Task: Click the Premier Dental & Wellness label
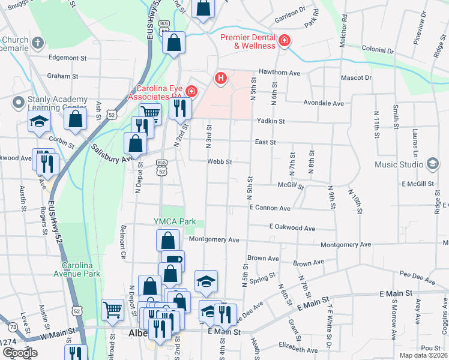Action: [247, 41]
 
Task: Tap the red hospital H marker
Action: [221, 78]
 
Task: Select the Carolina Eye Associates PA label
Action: [155, 91]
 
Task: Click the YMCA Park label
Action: [175, 221]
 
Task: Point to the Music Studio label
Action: [399, 164]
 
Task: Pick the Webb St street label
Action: [220, 161]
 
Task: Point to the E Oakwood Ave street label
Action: [292, 228]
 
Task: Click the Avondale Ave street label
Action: [324, 103]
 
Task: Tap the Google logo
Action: [20, 353]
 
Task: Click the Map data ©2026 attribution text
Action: [423, 355]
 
